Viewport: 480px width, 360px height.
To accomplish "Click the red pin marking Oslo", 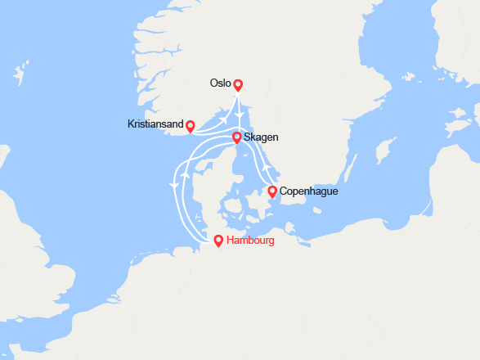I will click(x=238, y=85).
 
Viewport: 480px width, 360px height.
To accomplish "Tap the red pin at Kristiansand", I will click(x=190, y=126).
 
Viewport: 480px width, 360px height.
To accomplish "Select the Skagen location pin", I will click(x=236, y=137).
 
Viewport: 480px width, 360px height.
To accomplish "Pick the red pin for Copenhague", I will click(x=272, y=191).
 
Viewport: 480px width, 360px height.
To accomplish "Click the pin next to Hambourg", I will click(x=218, y=241).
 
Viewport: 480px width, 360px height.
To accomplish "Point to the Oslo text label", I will click(x=220, y=83).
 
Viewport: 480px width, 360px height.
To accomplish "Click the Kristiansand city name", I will click(x=155, y=125).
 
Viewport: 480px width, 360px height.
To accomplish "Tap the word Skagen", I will click(x=261, y=137).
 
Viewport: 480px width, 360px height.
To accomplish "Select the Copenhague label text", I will click(x=308, y=191).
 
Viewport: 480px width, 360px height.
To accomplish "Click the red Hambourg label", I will click(x=250, y=241).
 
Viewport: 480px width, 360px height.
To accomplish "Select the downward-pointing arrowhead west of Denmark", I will click(x=173, y=187).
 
